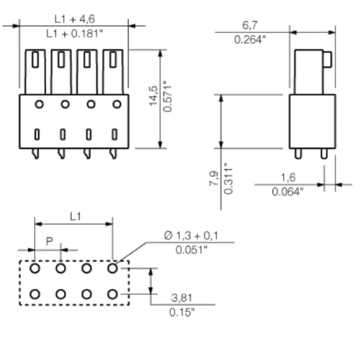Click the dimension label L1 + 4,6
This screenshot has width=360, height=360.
75,19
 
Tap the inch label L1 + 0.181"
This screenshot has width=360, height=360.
75,34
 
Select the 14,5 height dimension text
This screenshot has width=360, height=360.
153,96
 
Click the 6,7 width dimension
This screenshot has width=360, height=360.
250,25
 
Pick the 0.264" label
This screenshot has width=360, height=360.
251,40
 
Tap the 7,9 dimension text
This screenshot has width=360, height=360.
214,179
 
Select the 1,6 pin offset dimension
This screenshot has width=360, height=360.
288,178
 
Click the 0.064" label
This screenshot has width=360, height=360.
288,192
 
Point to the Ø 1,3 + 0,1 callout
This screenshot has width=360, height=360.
192,235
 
